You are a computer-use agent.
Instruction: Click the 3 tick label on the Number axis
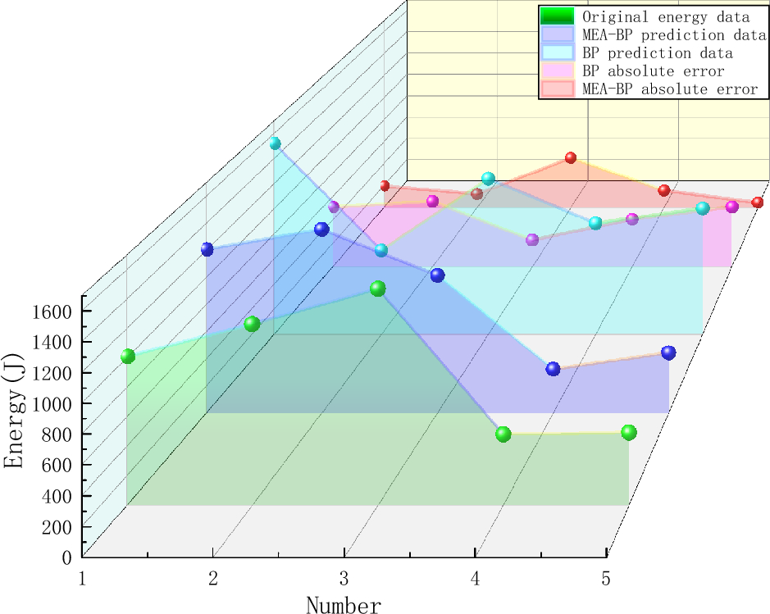[x=344, y=579]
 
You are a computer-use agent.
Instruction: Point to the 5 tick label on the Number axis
[x=606, y=579]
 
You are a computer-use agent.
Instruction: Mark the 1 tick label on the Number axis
[x=83, y=579]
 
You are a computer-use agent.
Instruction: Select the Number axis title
[x=344, y=605]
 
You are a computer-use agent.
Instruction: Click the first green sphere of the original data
[x=128, y=356]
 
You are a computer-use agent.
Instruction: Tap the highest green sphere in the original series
[x=377, y=289]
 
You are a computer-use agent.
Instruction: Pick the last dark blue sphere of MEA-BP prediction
[x=668, y=352]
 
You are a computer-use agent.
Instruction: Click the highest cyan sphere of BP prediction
[x=275, y=143]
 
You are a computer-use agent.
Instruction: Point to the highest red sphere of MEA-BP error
[x=571, y=157]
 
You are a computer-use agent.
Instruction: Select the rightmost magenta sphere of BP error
[x=732, y=207]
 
